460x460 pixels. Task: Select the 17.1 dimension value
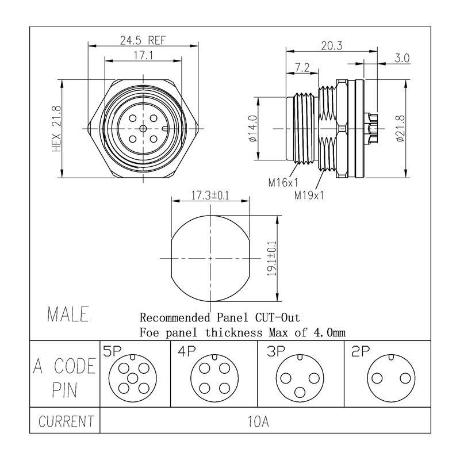pos(143,56)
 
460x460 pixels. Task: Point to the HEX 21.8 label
pos(56,127)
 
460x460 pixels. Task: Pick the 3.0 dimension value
pos(402,58)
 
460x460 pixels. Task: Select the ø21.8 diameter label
pos(400,128)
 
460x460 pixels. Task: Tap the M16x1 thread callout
pos(283,183)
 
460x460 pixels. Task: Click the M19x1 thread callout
pos(309,195)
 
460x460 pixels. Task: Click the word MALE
pos(68,315)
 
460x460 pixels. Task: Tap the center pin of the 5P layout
pos(131,378)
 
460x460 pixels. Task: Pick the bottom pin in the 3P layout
pos(300,392)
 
